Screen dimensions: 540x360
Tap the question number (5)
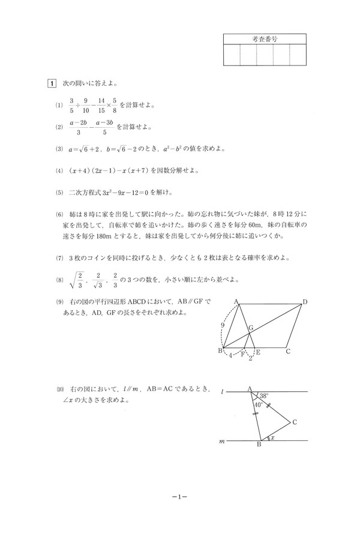coord(59,193)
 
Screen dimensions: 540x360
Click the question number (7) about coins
coord(59,258)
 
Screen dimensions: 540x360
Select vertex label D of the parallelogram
coord(305,302)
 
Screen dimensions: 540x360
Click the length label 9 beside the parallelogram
coord(222,325)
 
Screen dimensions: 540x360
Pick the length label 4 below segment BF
coord(230,356)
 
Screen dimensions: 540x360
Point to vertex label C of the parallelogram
coord(288,352)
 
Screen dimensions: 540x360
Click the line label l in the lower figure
coord(223,391)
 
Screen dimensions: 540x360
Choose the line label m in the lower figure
coord(223,441)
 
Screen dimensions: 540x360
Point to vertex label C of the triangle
coord(295,422)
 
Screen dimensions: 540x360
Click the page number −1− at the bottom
coord(180,497)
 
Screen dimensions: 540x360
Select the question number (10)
coord(59,391)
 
